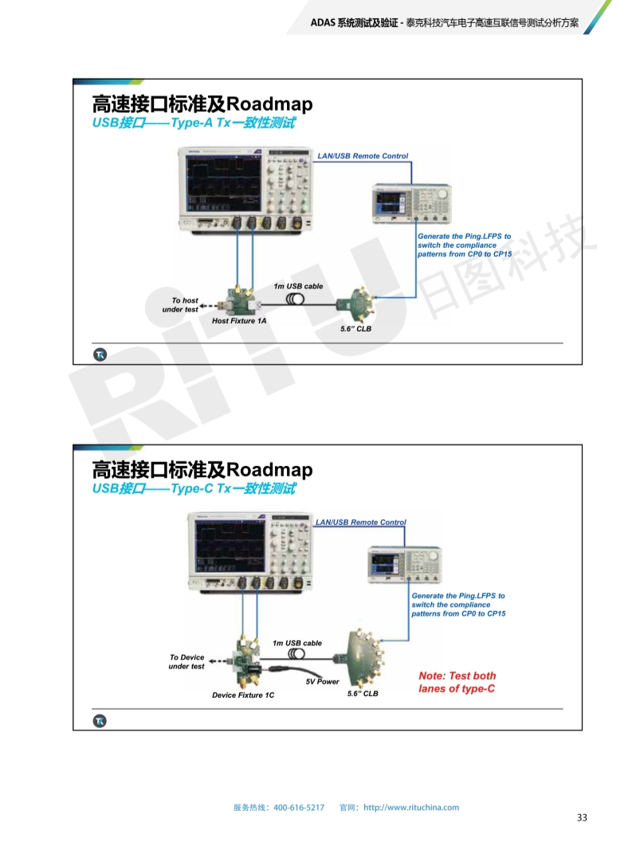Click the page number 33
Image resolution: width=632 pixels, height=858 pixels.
coord(582,818)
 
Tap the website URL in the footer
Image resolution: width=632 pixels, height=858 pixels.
coord(411,807)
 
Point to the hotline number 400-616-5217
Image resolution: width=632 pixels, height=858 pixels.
coord(299,807)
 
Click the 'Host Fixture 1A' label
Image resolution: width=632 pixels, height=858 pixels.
coord(239,321)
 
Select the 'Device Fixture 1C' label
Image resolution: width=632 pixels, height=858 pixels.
coord(243,695)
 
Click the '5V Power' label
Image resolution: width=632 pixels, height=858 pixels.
coord(323,682)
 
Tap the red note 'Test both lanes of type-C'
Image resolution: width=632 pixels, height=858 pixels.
coord(457,682)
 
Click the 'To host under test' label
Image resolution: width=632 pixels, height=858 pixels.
coord(182,305)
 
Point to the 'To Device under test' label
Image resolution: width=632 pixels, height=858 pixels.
coord(186,662)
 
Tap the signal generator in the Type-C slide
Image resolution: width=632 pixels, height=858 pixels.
coord(404,565)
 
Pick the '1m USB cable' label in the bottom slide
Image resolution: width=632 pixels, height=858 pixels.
coord(297,643)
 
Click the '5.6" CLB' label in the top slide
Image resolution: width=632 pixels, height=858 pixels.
coord(355,328)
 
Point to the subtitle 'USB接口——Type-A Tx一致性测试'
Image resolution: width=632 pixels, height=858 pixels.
coord(194,123)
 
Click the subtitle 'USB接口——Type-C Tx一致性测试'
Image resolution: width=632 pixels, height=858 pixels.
coord(194,488)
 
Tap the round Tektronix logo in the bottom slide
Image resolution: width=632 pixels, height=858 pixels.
coord(100,721)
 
